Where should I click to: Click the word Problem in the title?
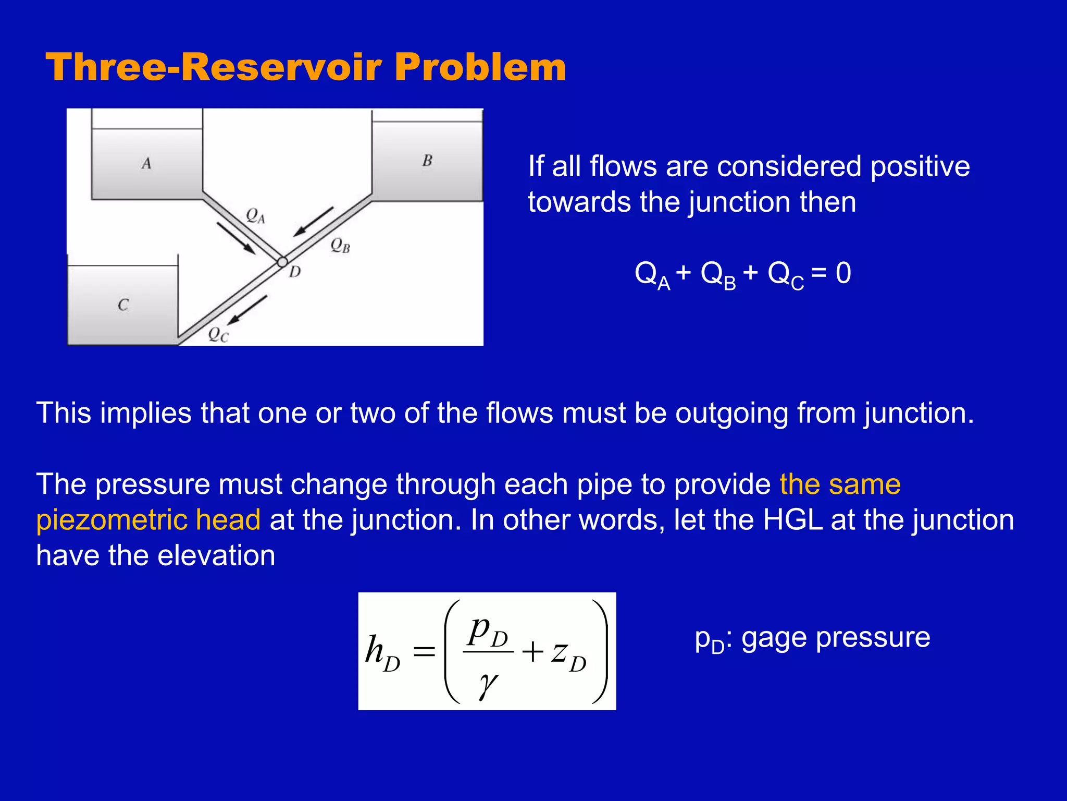pyautogui.click(x=480, y=68)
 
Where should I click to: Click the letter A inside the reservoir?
pyautogui.click(x=146, y=164)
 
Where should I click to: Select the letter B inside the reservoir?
pyautogui.click(x=427, y=161)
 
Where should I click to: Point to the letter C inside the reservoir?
pyautogui.click(x=123, y=305)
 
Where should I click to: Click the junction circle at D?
pyautogui.click(x=282, y=262)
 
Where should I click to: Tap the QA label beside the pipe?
pyautogui.click(x=255, y=215)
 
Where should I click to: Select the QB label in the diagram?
pyautogui.click(x=340, y=245)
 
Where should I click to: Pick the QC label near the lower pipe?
pyautogui.click(x=218, y=334)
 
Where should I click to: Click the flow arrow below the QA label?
pyautogui.click(x=236, y=238)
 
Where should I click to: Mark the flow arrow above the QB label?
pyautogui.click(x=313, y=222)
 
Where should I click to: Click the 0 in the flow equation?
pyautogui.click(x=843, y=273)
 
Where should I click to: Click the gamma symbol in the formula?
pyautogui.click(x=488, y=684)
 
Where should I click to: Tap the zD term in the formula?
pyautogui.click(x=569, y=654)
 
